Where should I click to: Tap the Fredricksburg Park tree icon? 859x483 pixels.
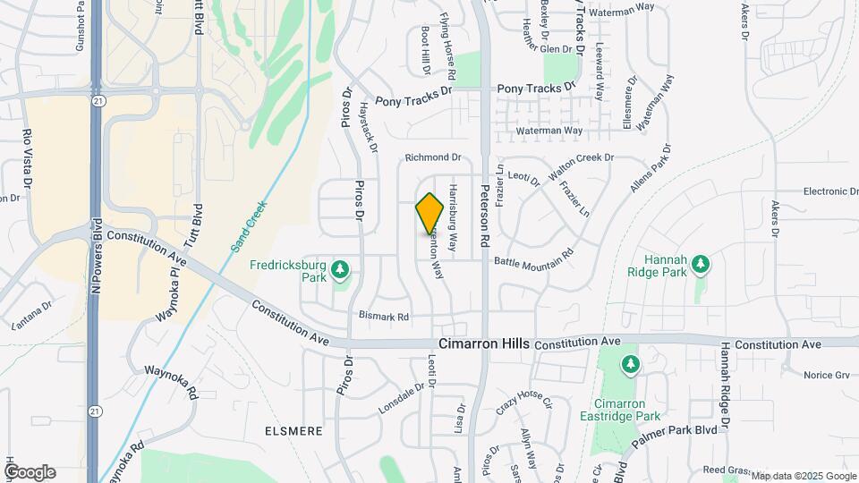[x=339, y=268]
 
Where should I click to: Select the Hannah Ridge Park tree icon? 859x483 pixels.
[x=702, y=264]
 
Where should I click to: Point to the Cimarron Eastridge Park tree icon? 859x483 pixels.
[x=632, y=364]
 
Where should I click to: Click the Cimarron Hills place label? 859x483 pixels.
[x=484, y=344]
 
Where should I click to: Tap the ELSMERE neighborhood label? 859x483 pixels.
[x=293, y=431]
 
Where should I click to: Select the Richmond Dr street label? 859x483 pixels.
[x=432, y=157]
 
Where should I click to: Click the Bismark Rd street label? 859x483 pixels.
[x=383, y=317]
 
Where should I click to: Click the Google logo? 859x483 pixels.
[x=30, y=471]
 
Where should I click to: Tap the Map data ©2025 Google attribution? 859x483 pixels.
[x=804, y=476]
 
